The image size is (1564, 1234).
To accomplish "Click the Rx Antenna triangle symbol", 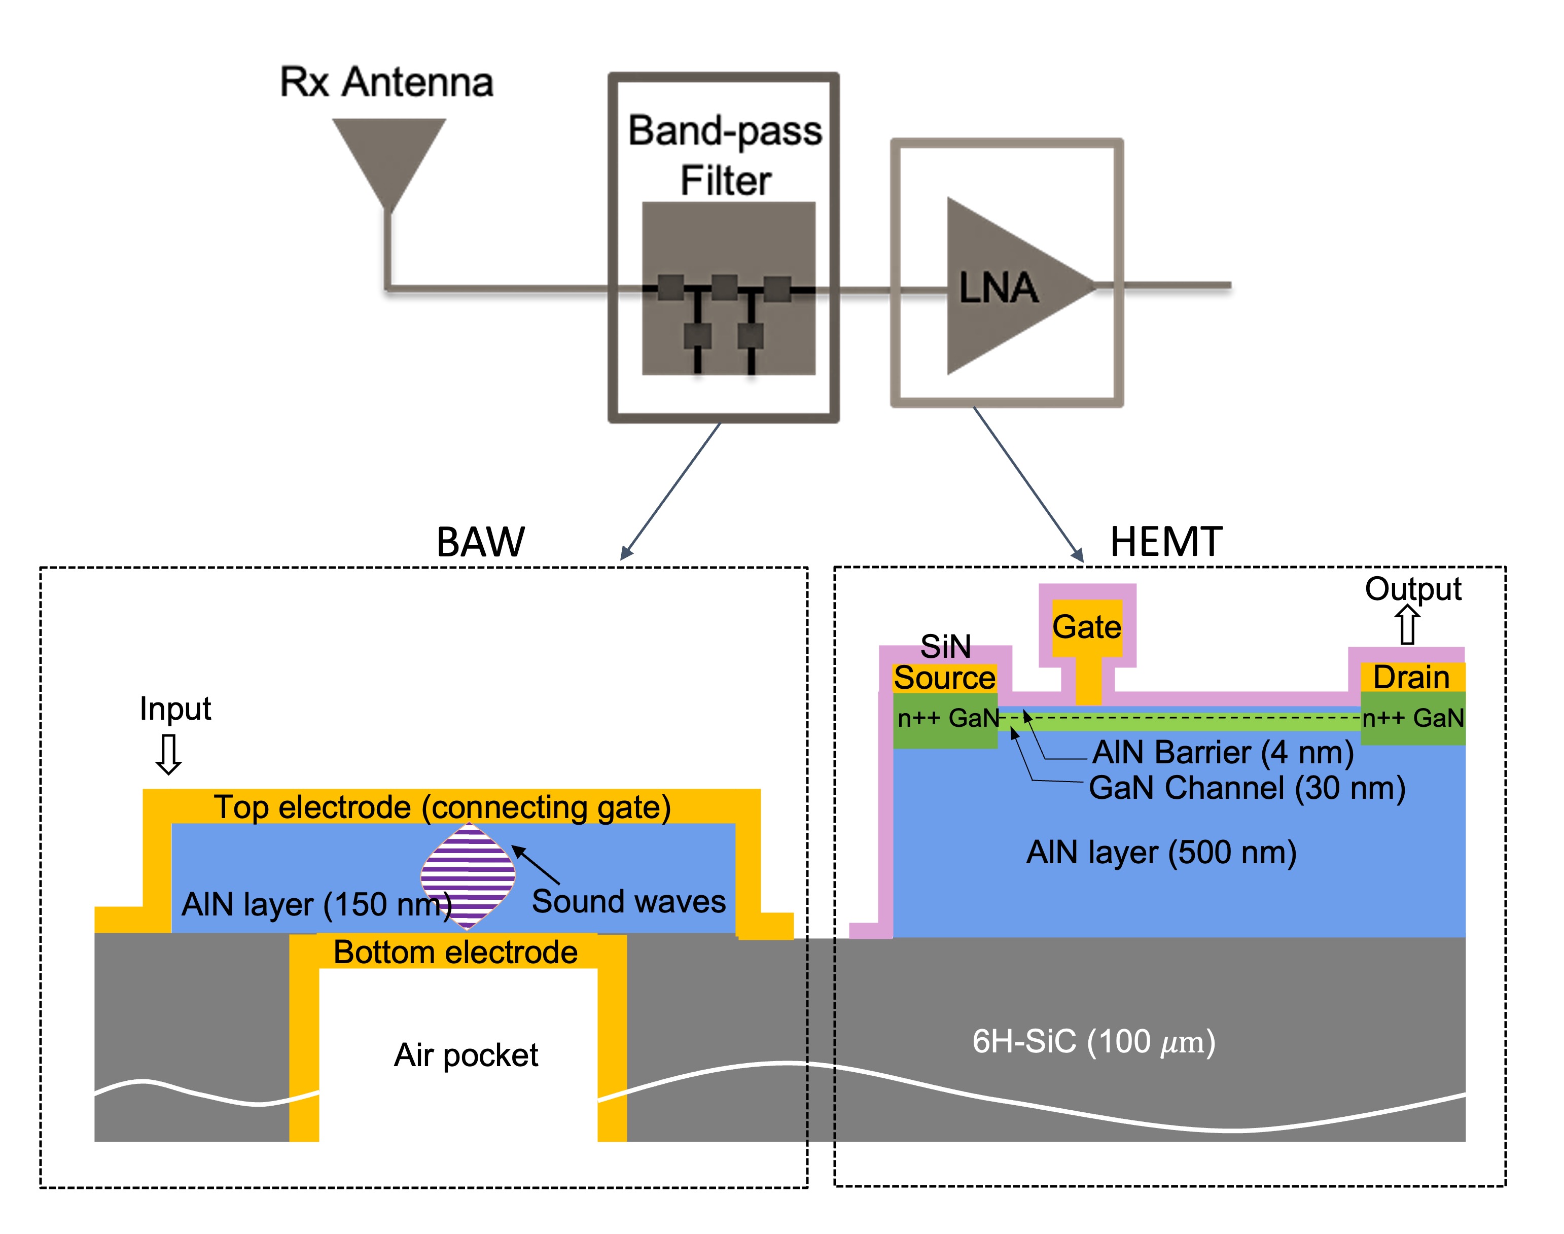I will (x=388, y=155).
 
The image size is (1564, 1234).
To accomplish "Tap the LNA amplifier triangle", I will (x=1004, y=287).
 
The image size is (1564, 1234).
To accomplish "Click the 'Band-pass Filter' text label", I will (x=725, y=155).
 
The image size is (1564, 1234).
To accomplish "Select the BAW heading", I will (x=480, y=542).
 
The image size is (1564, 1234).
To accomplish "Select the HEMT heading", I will (x=1166, y=542).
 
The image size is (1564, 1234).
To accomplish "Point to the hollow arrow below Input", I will (x=169, y=754).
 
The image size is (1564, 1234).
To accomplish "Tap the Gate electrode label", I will (x=1086, y=626).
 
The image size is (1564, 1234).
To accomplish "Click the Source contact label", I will (x=944, y=678).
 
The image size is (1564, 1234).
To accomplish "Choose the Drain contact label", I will (x=1411, y=678).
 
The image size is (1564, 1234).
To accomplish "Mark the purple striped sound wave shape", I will (x=468, y=875).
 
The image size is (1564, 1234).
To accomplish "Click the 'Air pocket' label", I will (x=466, y=1055).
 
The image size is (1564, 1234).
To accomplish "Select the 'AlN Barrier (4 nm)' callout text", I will (x=1222, y=753).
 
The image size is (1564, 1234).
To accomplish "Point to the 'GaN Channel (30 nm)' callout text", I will (x=1247, y=788).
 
